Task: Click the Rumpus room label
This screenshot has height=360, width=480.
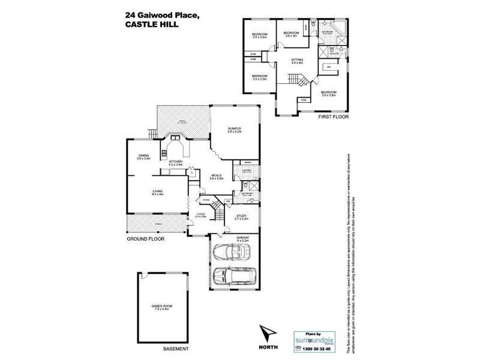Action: point(234,128)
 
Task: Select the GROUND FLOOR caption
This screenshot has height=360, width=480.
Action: point(145,239)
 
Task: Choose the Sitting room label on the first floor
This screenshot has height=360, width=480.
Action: point(297,60)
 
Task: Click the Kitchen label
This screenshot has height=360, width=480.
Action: point(175,161)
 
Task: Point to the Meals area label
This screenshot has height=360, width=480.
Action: point(217,176)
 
